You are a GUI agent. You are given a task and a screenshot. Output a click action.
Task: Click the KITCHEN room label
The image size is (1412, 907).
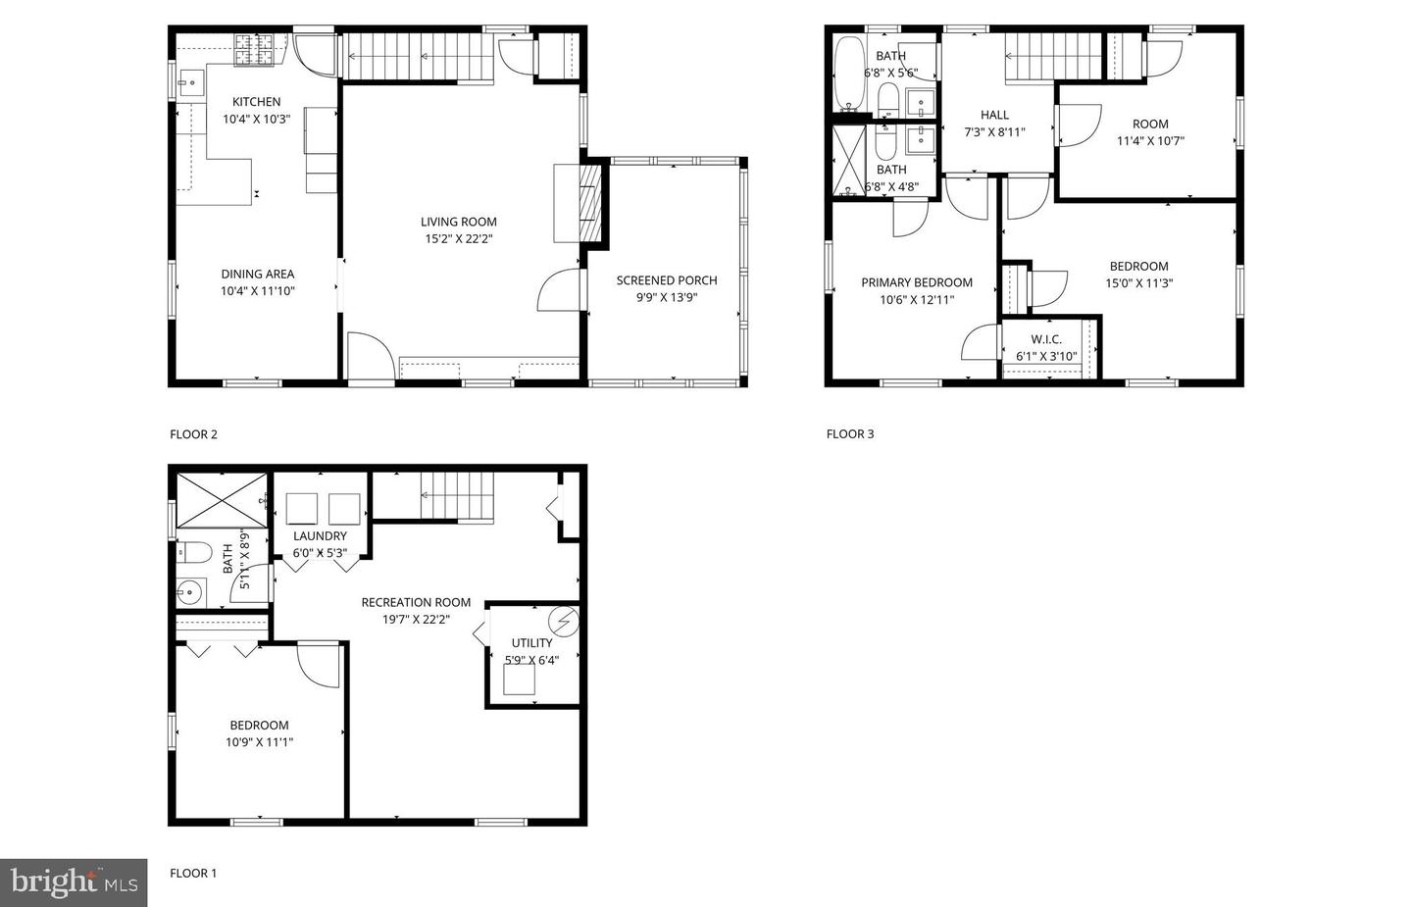click(x=256, y=102)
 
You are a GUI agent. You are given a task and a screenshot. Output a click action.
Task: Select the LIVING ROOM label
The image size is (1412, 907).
click(x=459, y=222)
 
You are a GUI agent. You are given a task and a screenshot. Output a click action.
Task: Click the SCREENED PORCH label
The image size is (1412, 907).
click(x=667, y=280)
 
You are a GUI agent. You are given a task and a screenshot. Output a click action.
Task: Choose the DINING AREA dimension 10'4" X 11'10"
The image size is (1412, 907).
click(x=258, y=291)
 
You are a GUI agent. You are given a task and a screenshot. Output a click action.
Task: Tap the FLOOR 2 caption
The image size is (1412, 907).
click(x=193, y=434)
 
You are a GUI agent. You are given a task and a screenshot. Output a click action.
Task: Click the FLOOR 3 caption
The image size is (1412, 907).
click(x=850, y=434)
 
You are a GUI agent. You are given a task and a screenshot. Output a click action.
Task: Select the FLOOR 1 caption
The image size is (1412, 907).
click(x=193, y=873)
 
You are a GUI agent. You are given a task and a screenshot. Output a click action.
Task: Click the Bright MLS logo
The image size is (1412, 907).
click(x=74, y=882)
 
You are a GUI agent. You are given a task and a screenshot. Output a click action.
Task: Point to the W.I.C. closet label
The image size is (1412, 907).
click(x=1046, y=339)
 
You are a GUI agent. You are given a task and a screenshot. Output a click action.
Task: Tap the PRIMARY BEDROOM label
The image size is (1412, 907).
click(x=917, y=282)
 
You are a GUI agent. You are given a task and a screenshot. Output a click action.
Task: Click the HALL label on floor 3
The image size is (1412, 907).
click(x=994, y=115)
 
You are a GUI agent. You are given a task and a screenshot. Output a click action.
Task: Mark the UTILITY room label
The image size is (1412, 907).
click(x=532, y=643)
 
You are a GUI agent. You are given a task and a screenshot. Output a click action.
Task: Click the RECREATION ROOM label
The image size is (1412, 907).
click(x=416, y=602)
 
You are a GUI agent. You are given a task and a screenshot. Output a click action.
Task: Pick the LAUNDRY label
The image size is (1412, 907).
click(x=320, y=536)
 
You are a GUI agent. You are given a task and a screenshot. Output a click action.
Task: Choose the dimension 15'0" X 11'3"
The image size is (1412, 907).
click(x=1138, y=283)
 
